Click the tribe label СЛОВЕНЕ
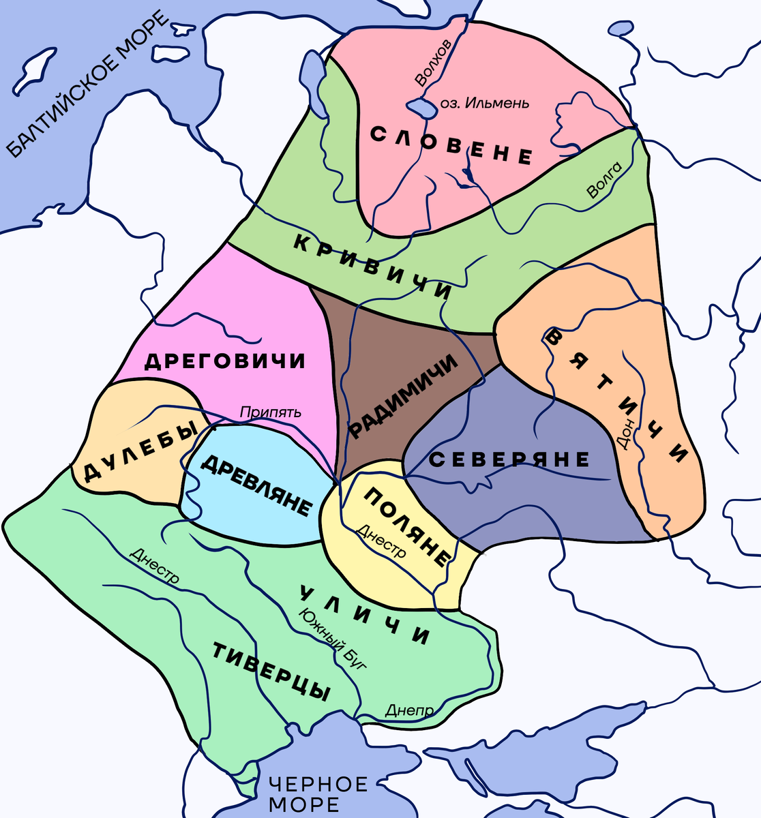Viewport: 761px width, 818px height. point(451,145)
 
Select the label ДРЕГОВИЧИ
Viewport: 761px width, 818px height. point(224,361)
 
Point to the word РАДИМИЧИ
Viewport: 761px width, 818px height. point(402,397)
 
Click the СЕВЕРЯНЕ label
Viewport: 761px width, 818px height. point(509,460)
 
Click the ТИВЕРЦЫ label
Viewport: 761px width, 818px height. point(271,672)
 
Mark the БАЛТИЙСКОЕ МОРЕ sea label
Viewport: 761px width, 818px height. point(89,85)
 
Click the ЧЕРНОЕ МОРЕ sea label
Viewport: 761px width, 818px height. point(318,793)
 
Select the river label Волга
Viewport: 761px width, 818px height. point(605,181)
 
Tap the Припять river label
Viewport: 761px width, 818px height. point(269,412)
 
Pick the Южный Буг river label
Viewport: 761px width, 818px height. point(332,638)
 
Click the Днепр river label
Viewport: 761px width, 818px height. point(409,710)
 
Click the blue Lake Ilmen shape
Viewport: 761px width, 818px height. point(422,107)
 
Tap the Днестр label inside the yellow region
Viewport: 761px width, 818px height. point(381,541)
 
